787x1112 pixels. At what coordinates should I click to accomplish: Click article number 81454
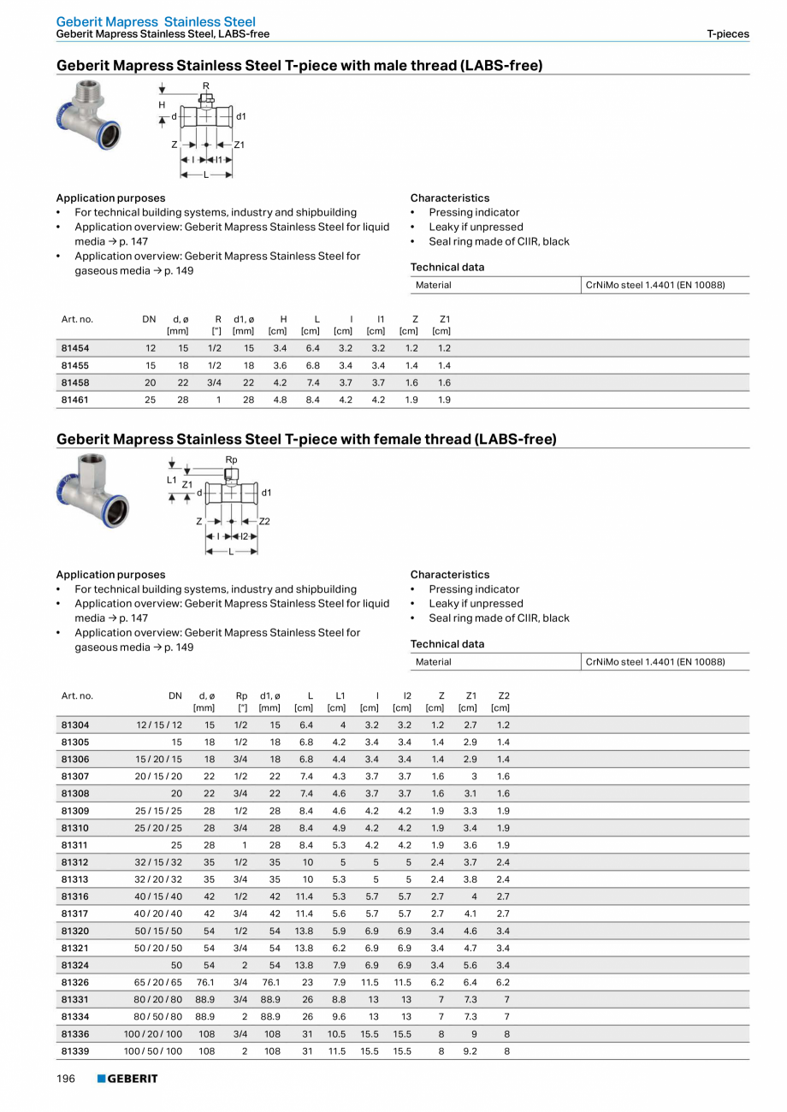[x=75, y=348]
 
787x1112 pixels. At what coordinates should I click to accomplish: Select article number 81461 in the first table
[x=75, y=399]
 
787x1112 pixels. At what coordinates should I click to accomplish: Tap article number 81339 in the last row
[x=75, y=1050]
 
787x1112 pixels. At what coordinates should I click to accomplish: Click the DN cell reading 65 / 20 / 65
[x=153, y=982]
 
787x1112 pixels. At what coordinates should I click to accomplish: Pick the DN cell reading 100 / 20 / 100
[x=153, y=1033]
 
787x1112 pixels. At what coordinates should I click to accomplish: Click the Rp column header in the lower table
[x=241, y=696]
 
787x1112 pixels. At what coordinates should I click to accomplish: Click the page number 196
[x=66, y=1079]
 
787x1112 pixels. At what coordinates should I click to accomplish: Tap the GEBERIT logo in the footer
[x=127, y=1079]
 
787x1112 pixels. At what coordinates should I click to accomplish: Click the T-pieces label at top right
[x=727, y=34]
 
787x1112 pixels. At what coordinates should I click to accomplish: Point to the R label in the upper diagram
[x=205, y=86]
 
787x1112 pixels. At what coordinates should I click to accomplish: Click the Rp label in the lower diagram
[x=231, y=460]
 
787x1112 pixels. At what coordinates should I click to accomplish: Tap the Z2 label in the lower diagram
[x=264, y=521]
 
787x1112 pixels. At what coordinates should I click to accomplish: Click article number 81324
[x=75, y=965]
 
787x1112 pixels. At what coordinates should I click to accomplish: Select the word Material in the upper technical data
[x=433, y=285]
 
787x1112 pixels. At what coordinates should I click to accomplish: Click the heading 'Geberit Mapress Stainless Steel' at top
[x=156, y=21]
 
